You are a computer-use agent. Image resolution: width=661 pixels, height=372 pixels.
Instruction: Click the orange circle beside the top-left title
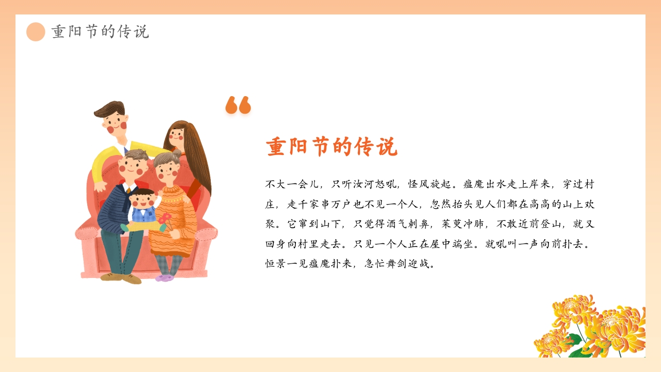[36, 32]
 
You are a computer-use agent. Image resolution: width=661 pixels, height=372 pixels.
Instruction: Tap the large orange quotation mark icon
[238, 105]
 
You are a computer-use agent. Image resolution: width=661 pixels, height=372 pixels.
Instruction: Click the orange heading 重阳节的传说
[332, 147]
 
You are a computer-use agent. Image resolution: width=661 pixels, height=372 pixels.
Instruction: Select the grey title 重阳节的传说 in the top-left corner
[100, 32]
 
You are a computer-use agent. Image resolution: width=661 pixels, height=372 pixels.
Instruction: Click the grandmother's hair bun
[177, 153]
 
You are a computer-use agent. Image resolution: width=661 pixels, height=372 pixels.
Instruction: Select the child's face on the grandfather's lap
[142, 202]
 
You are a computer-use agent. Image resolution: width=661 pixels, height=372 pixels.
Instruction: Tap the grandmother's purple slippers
[165, 277]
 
